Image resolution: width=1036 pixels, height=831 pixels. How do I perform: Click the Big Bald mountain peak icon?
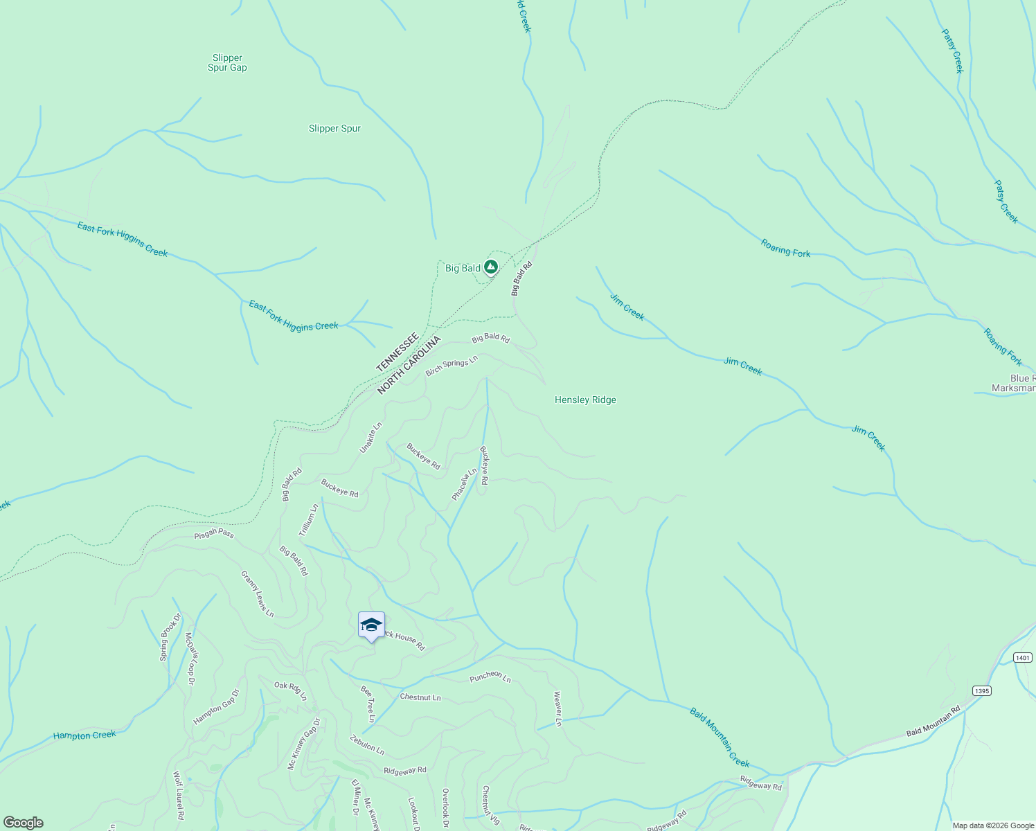point(491,267)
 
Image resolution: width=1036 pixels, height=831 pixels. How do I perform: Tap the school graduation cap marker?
point(371,625)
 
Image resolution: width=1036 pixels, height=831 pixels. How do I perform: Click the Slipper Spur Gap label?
point(227,63)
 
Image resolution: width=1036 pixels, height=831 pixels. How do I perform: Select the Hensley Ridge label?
point(585,400)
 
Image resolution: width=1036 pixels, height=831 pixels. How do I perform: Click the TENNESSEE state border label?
point(398,352)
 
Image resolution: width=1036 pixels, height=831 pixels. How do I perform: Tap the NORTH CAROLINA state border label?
point(409,365)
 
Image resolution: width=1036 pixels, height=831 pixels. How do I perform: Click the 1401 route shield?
point(1022,657)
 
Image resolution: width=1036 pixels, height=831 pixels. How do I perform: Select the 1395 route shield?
point(981,690)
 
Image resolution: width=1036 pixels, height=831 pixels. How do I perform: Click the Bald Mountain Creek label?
point(720,737)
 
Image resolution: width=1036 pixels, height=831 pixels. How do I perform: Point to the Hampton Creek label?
point(84,735)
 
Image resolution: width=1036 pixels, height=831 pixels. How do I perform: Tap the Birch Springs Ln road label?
point(452,366)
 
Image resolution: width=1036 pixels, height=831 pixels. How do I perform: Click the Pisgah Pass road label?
point(214,533)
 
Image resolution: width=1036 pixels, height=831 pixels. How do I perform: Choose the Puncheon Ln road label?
point(490,677)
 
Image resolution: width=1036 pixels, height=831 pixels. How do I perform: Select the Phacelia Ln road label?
point(464,484)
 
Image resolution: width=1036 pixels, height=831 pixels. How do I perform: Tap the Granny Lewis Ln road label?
point(257,593)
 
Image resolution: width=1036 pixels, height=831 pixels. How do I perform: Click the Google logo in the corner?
point(23,823)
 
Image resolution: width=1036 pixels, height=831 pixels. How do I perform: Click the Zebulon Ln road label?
point(367,744)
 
